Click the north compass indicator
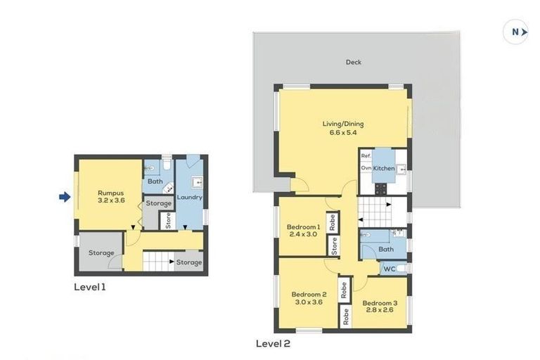point(515,32)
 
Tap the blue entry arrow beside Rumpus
point(65,198)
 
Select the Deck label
point(353,63)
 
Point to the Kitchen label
point(384,169)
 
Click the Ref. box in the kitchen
point(366,156)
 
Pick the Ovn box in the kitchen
point(366,169)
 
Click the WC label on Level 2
point(389,269)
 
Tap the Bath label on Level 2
point(385,249)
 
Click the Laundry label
point(190,198)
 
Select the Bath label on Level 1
point(155,182)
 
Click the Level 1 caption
point(90,287)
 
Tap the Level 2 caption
point(273,344)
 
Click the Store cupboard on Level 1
point(168,220)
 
